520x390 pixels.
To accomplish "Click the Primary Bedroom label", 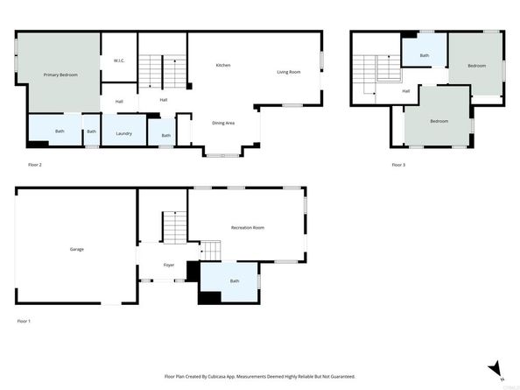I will coord(61,74).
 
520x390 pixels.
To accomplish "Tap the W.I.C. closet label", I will coord(119,60).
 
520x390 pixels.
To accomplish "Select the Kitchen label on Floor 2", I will coord(223,65).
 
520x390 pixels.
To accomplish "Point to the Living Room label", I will coord(289,72).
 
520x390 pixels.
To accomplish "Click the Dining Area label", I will coord(223,123).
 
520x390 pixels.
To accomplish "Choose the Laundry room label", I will coord(123,133).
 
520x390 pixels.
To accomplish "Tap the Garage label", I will coord(77,249).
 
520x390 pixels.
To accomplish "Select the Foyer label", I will coord(169,265).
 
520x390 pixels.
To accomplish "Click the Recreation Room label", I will coord(248,228).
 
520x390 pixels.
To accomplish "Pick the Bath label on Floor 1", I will coord(235,281).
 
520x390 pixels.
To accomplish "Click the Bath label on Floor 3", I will coord(424,56).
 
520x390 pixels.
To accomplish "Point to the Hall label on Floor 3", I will coord(406,90).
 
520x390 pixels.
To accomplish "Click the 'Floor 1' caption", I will coord(24,322).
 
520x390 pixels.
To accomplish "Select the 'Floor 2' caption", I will coord(35,164).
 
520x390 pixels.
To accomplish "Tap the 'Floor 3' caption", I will coord(398,165).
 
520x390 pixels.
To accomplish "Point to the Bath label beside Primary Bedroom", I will coord(60,131).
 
